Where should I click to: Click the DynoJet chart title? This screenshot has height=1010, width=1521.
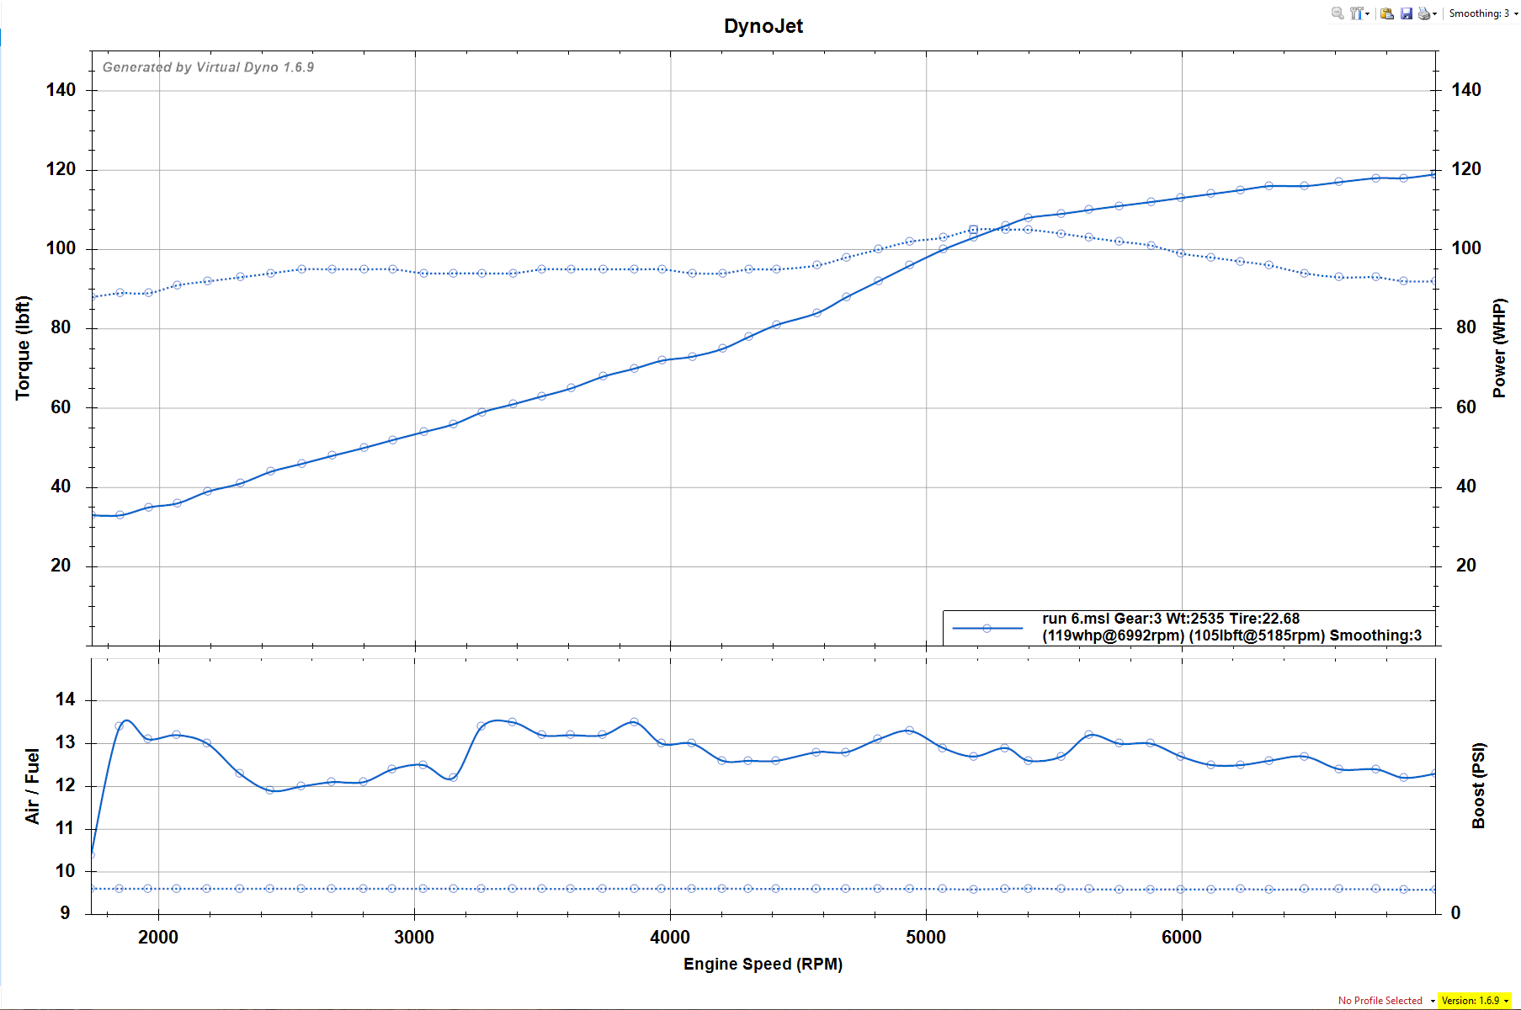pos(763,26)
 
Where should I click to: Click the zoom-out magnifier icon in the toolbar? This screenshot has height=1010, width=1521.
pos(1337,13)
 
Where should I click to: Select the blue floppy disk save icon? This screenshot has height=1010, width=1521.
pos(1406,13)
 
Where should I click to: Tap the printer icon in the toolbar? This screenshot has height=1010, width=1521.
pos(1423,13)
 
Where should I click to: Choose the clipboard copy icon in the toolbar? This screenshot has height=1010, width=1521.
pos(1386,13)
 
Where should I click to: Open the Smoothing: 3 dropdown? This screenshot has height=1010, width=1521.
pos(1483,13)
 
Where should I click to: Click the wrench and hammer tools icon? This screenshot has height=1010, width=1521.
pos(1357,13)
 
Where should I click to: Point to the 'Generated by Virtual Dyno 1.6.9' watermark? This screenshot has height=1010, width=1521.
pos(208,67)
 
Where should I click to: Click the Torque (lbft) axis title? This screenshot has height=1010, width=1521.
pos(23,348)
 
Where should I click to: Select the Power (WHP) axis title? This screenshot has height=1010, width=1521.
pos(1499,348)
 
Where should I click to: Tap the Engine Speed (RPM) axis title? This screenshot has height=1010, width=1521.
pos(763,964)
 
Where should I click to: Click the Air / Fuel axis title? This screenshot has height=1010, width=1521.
pos(32,786)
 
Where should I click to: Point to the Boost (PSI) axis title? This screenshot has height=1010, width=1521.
pos(1479,786)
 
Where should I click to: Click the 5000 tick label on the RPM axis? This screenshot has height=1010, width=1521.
pos(925,938)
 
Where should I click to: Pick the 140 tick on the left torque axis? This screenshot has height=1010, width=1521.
pos(61,90)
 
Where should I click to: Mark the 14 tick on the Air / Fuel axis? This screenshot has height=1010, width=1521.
pos(65,699)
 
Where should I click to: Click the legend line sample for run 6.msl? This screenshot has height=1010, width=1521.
pos(987,628)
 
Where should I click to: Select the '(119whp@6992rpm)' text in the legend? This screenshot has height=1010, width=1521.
pos(1113,635)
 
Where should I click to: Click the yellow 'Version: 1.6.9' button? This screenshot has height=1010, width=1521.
pos(1473,1001)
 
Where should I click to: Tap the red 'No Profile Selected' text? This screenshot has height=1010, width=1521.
pos(1380,1001)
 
